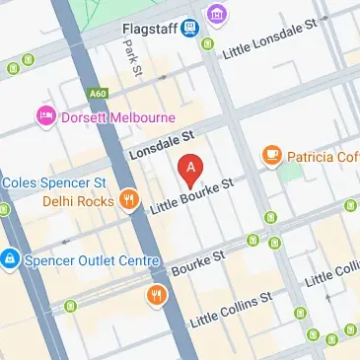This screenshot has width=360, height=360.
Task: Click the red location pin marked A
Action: coord(190,169)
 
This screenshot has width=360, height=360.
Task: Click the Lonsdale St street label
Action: coord(163,147)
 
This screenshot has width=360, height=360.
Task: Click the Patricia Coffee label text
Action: coord(322,156)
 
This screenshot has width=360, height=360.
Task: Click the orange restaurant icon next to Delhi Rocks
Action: coord(128,201)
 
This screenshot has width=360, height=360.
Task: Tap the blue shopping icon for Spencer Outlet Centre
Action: coord(9,259)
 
